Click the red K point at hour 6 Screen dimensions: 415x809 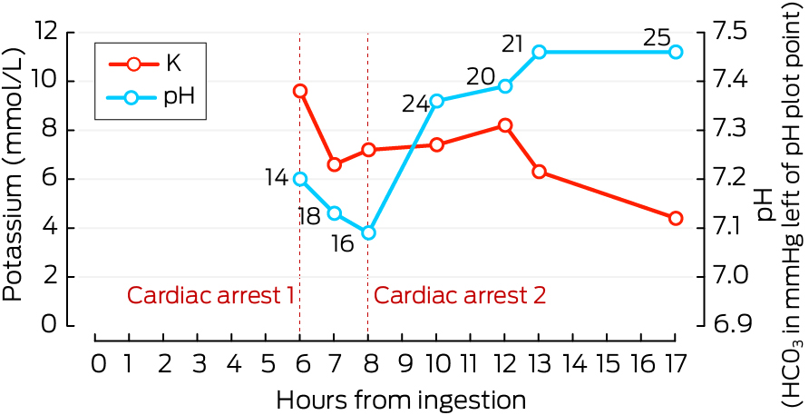coord(300,91)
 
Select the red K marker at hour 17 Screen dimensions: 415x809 coord(675,218)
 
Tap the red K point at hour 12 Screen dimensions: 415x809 coord(505,125)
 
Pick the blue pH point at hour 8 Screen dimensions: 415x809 coord(368,232)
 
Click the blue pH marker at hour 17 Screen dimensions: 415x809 coord(675,52)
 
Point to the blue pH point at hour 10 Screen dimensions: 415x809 coord(436,101)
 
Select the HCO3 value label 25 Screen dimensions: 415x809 coord(656,38)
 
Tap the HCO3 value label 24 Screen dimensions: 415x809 coord(415,104)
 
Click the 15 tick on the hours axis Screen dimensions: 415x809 coord(607,363)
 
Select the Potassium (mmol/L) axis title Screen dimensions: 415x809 coord(13,178)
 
